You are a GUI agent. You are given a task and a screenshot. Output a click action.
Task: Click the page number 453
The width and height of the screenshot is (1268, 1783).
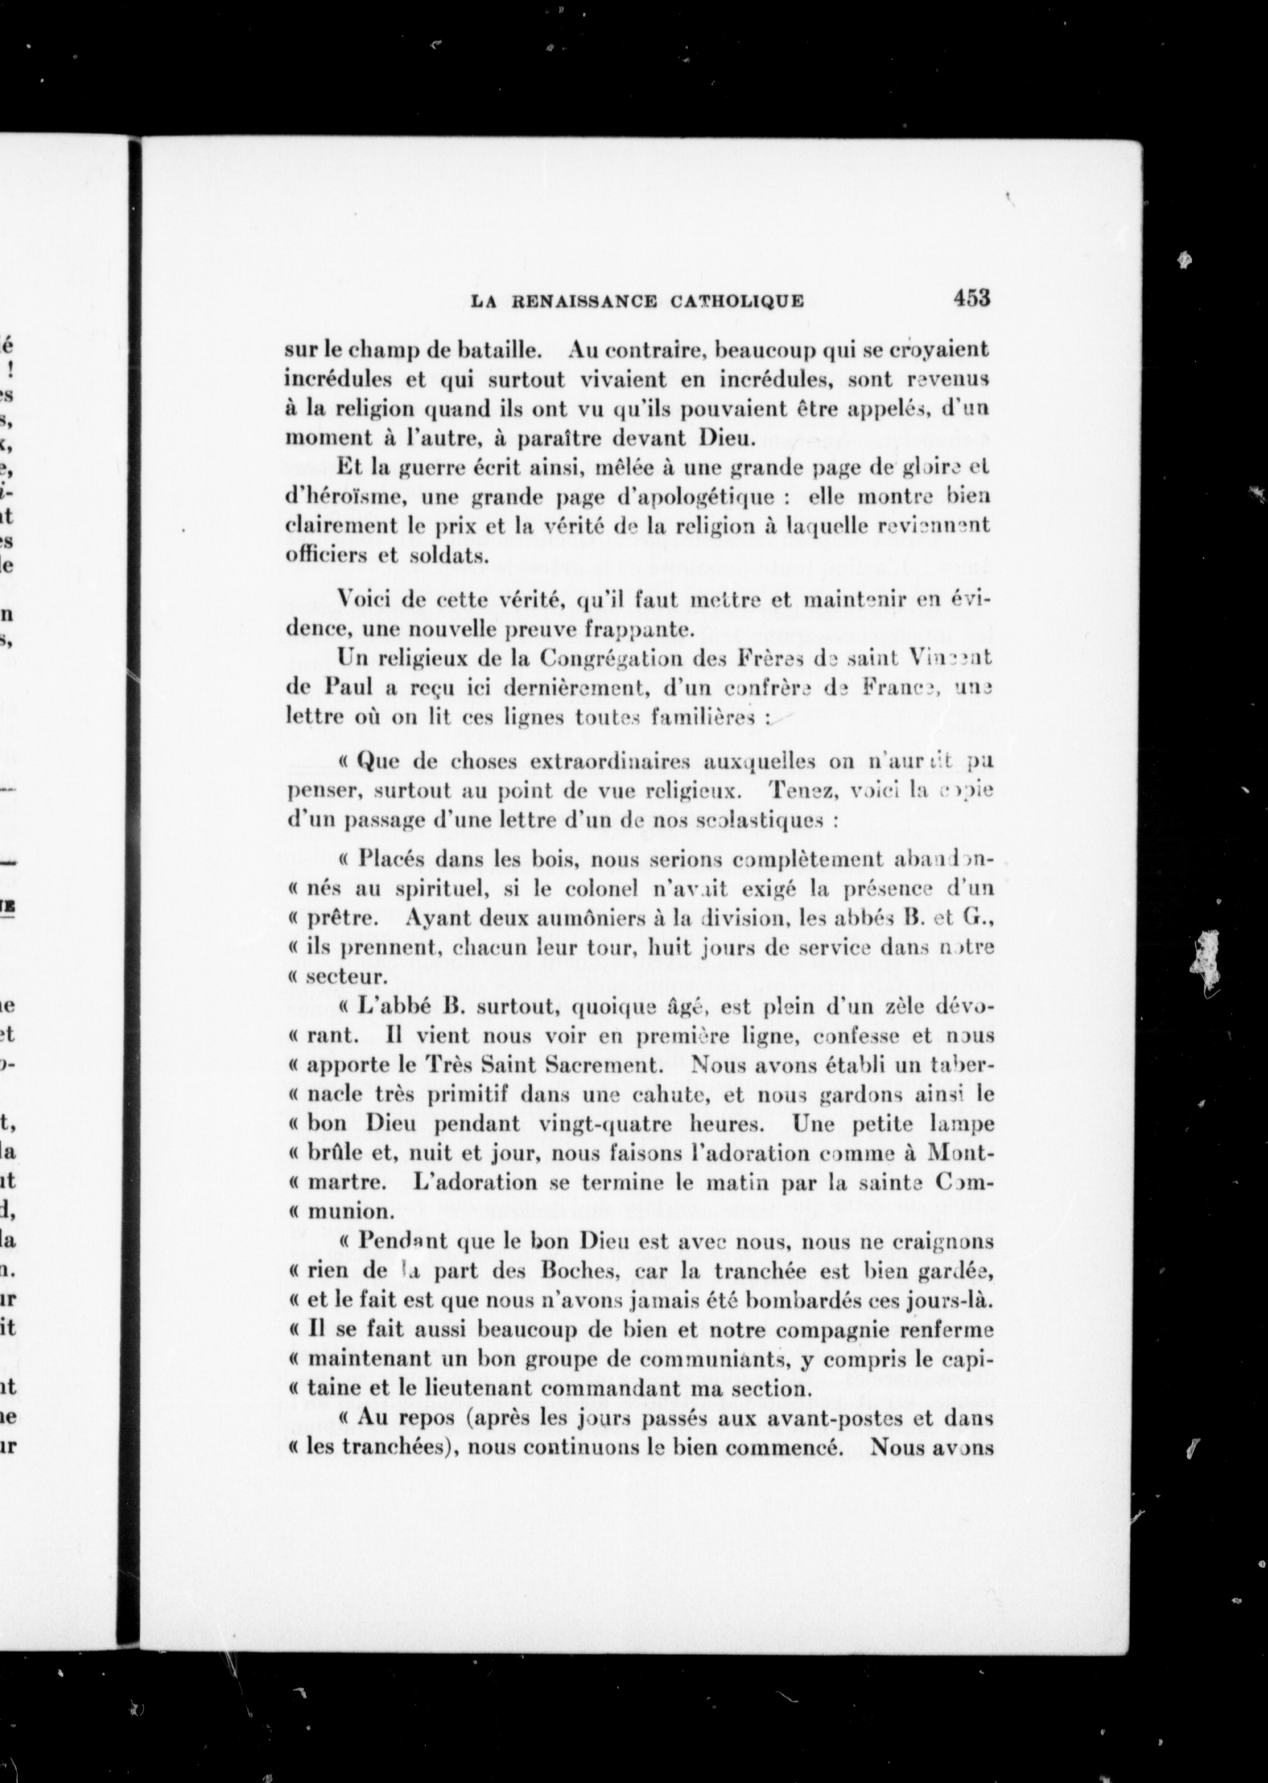[x=971, y=298]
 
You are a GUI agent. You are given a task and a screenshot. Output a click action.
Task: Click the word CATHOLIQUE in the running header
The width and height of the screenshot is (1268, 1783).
[x=737, y=302]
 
